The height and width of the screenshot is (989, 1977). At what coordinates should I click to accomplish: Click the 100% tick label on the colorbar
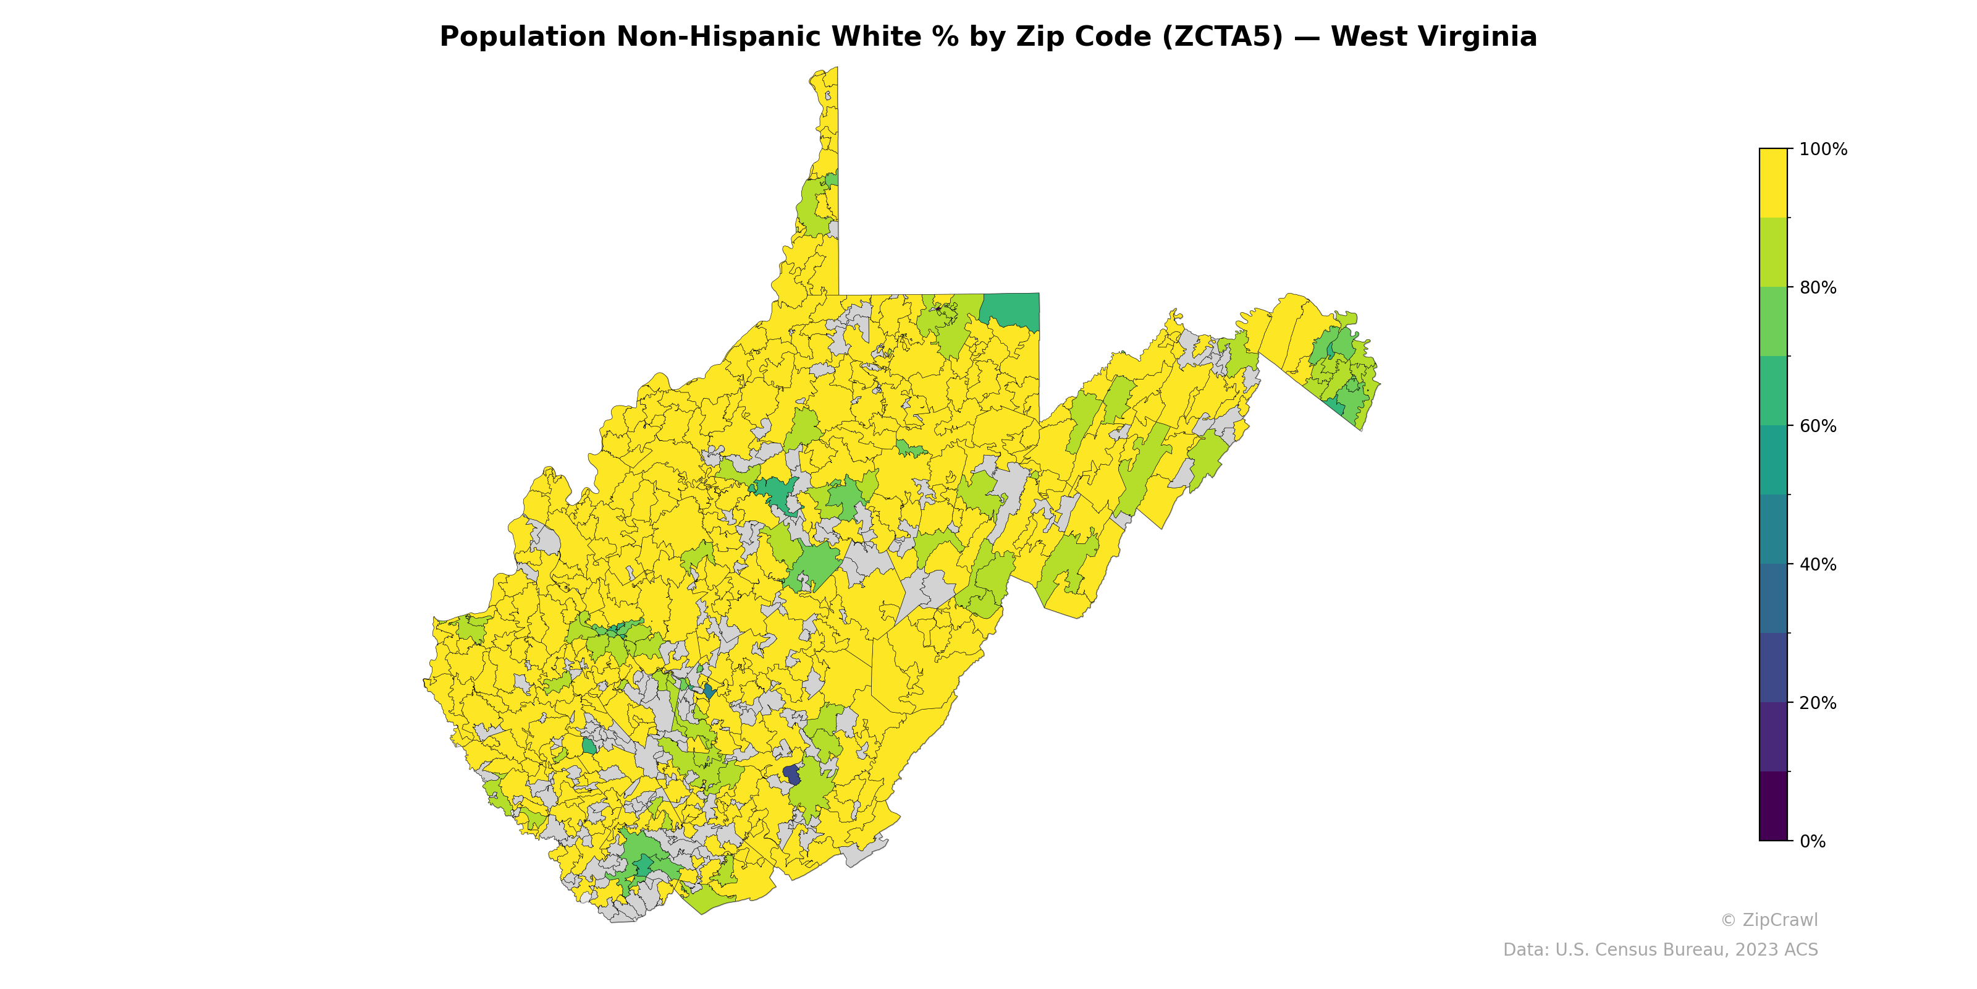(1823, 150)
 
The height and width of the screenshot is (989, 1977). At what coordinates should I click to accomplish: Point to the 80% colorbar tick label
(1818, 288)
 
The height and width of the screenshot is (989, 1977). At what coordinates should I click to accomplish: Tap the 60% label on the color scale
(1818, 426)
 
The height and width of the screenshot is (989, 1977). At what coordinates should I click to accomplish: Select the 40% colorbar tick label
(1818, 564)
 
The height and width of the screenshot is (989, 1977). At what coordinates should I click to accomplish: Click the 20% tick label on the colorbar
(1818, 703)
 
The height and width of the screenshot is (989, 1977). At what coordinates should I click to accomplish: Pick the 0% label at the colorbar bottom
(1812, 841)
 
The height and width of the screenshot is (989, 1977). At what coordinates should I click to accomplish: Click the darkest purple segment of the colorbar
(1773, 805)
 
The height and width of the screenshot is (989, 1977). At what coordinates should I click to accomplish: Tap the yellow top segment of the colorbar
(1773, 183)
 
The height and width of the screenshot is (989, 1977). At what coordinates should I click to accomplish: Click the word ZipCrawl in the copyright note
(1780, 920)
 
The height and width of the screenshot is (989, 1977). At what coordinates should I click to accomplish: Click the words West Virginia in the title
(1433, 37)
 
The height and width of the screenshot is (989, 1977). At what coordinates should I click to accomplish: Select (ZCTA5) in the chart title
(1222, 37)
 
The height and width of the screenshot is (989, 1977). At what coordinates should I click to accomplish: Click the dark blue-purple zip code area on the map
(791, 774)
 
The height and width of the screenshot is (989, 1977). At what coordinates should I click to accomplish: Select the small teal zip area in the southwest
(589, 745)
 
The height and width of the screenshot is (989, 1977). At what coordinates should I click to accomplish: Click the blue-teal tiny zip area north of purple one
(709, 691)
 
